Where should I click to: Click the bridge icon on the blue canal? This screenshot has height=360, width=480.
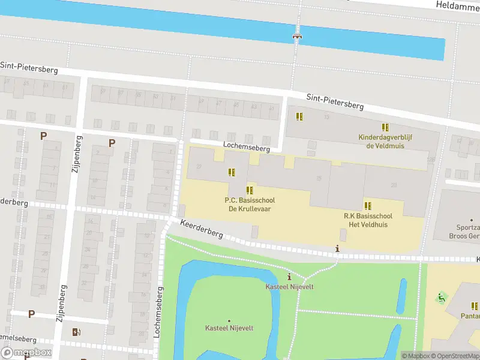[296, 37]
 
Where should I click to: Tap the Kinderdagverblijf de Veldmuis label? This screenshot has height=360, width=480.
[389, 142]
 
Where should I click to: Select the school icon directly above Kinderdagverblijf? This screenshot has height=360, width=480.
[385, 127]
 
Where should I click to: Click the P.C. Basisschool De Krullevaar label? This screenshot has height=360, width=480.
[250, 204]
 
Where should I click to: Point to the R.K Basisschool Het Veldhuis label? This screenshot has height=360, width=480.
[368, 220]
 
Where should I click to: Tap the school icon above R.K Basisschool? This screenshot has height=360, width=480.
[368, 205]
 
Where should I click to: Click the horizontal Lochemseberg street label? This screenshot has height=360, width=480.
[247, 146]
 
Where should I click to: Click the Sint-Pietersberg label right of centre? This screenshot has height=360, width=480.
[335, 101]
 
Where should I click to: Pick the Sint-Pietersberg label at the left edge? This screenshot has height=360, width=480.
[29, 67]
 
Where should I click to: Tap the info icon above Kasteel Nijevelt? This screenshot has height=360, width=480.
[290, 277]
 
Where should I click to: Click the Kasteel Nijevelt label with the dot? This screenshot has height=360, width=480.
[229, 328]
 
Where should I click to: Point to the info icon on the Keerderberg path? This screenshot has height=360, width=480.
[338, 248]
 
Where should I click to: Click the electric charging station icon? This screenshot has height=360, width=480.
[76, 332]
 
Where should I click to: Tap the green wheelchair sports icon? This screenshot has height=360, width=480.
[442, 297]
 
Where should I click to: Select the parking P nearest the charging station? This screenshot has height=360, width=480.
[31, 314]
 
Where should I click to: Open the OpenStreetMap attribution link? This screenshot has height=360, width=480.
[454, 356]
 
